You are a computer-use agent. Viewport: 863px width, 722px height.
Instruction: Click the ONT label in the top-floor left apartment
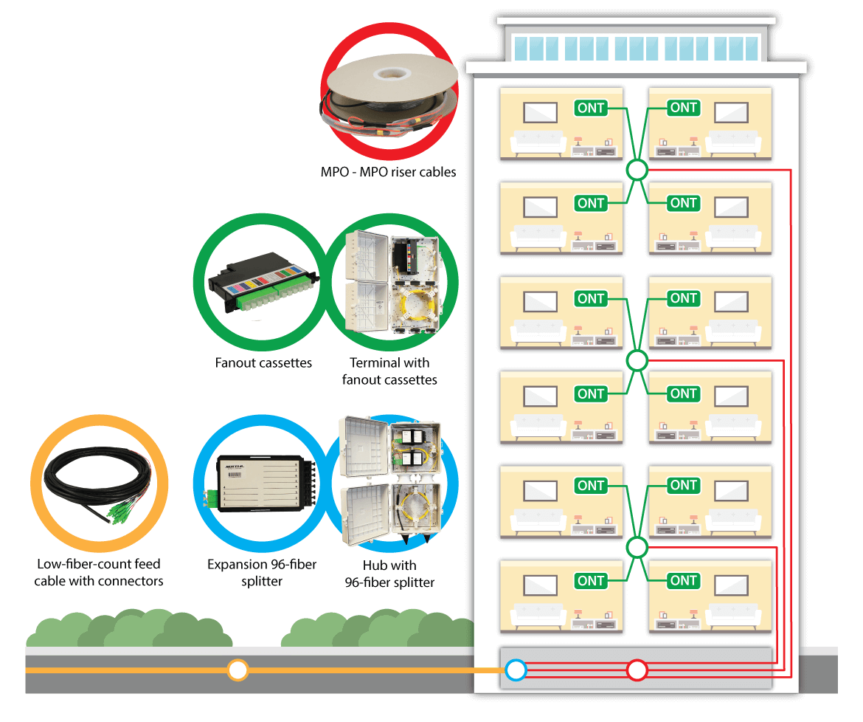coord(591,109)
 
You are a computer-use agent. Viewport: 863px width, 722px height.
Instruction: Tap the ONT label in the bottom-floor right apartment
coord(683,581)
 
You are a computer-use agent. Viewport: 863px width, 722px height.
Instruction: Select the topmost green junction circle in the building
coord(637,171)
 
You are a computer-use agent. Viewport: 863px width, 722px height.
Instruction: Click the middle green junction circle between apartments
coord(637,361)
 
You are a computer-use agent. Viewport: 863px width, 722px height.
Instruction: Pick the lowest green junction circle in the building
coord(637,547)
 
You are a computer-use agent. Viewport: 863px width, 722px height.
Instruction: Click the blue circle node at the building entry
coord(516,670)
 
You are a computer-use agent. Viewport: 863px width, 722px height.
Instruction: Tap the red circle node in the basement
coord(637,670)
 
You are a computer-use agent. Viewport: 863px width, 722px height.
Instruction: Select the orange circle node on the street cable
coord(237,670)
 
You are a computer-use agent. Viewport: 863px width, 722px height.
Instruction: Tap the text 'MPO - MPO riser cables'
coord(389,172)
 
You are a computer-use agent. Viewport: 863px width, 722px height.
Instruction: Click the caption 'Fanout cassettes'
coord(263,363)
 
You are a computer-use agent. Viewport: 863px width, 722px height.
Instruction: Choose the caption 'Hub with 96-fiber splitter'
coord(390,574)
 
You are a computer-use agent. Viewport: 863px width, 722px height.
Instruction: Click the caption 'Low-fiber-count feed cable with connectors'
coord(99,573)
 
